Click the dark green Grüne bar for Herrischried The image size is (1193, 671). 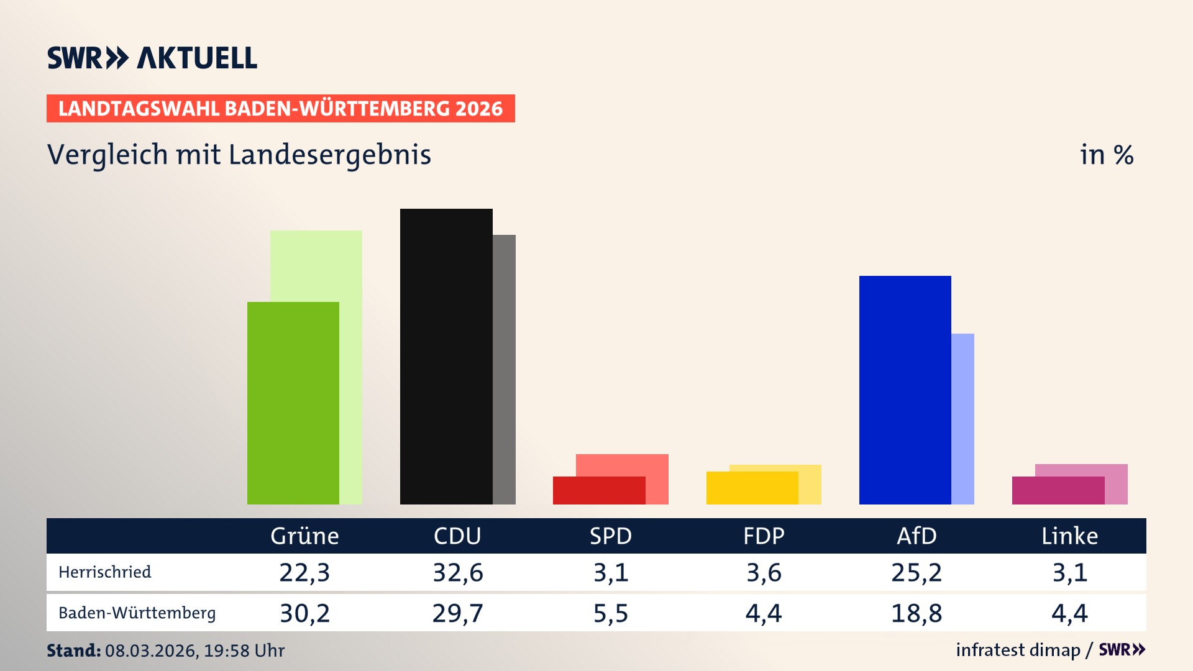coord(293,404)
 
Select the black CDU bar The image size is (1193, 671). coord(446,357)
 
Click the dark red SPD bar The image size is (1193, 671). coord(598,491)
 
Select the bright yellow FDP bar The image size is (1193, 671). coord(752,488)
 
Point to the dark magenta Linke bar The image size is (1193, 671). coord(1058,491)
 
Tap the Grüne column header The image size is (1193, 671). coord(304,536)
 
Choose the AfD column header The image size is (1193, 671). coord(916,536)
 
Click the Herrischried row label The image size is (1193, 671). coord(104,572)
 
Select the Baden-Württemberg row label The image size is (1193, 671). coord(137,613)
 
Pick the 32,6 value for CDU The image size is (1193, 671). coord(457,573)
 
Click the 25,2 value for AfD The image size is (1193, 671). coord(916,573)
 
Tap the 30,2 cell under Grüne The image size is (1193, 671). coord(304,614)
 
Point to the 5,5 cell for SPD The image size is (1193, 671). coord(610,614)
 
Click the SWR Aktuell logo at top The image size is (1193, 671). coord(152,58)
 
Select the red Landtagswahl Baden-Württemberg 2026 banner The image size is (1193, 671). coord(280,109)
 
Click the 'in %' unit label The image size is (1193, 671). coord(1106,155)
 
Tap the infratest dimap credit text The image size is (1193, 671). coord(1018,650)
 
